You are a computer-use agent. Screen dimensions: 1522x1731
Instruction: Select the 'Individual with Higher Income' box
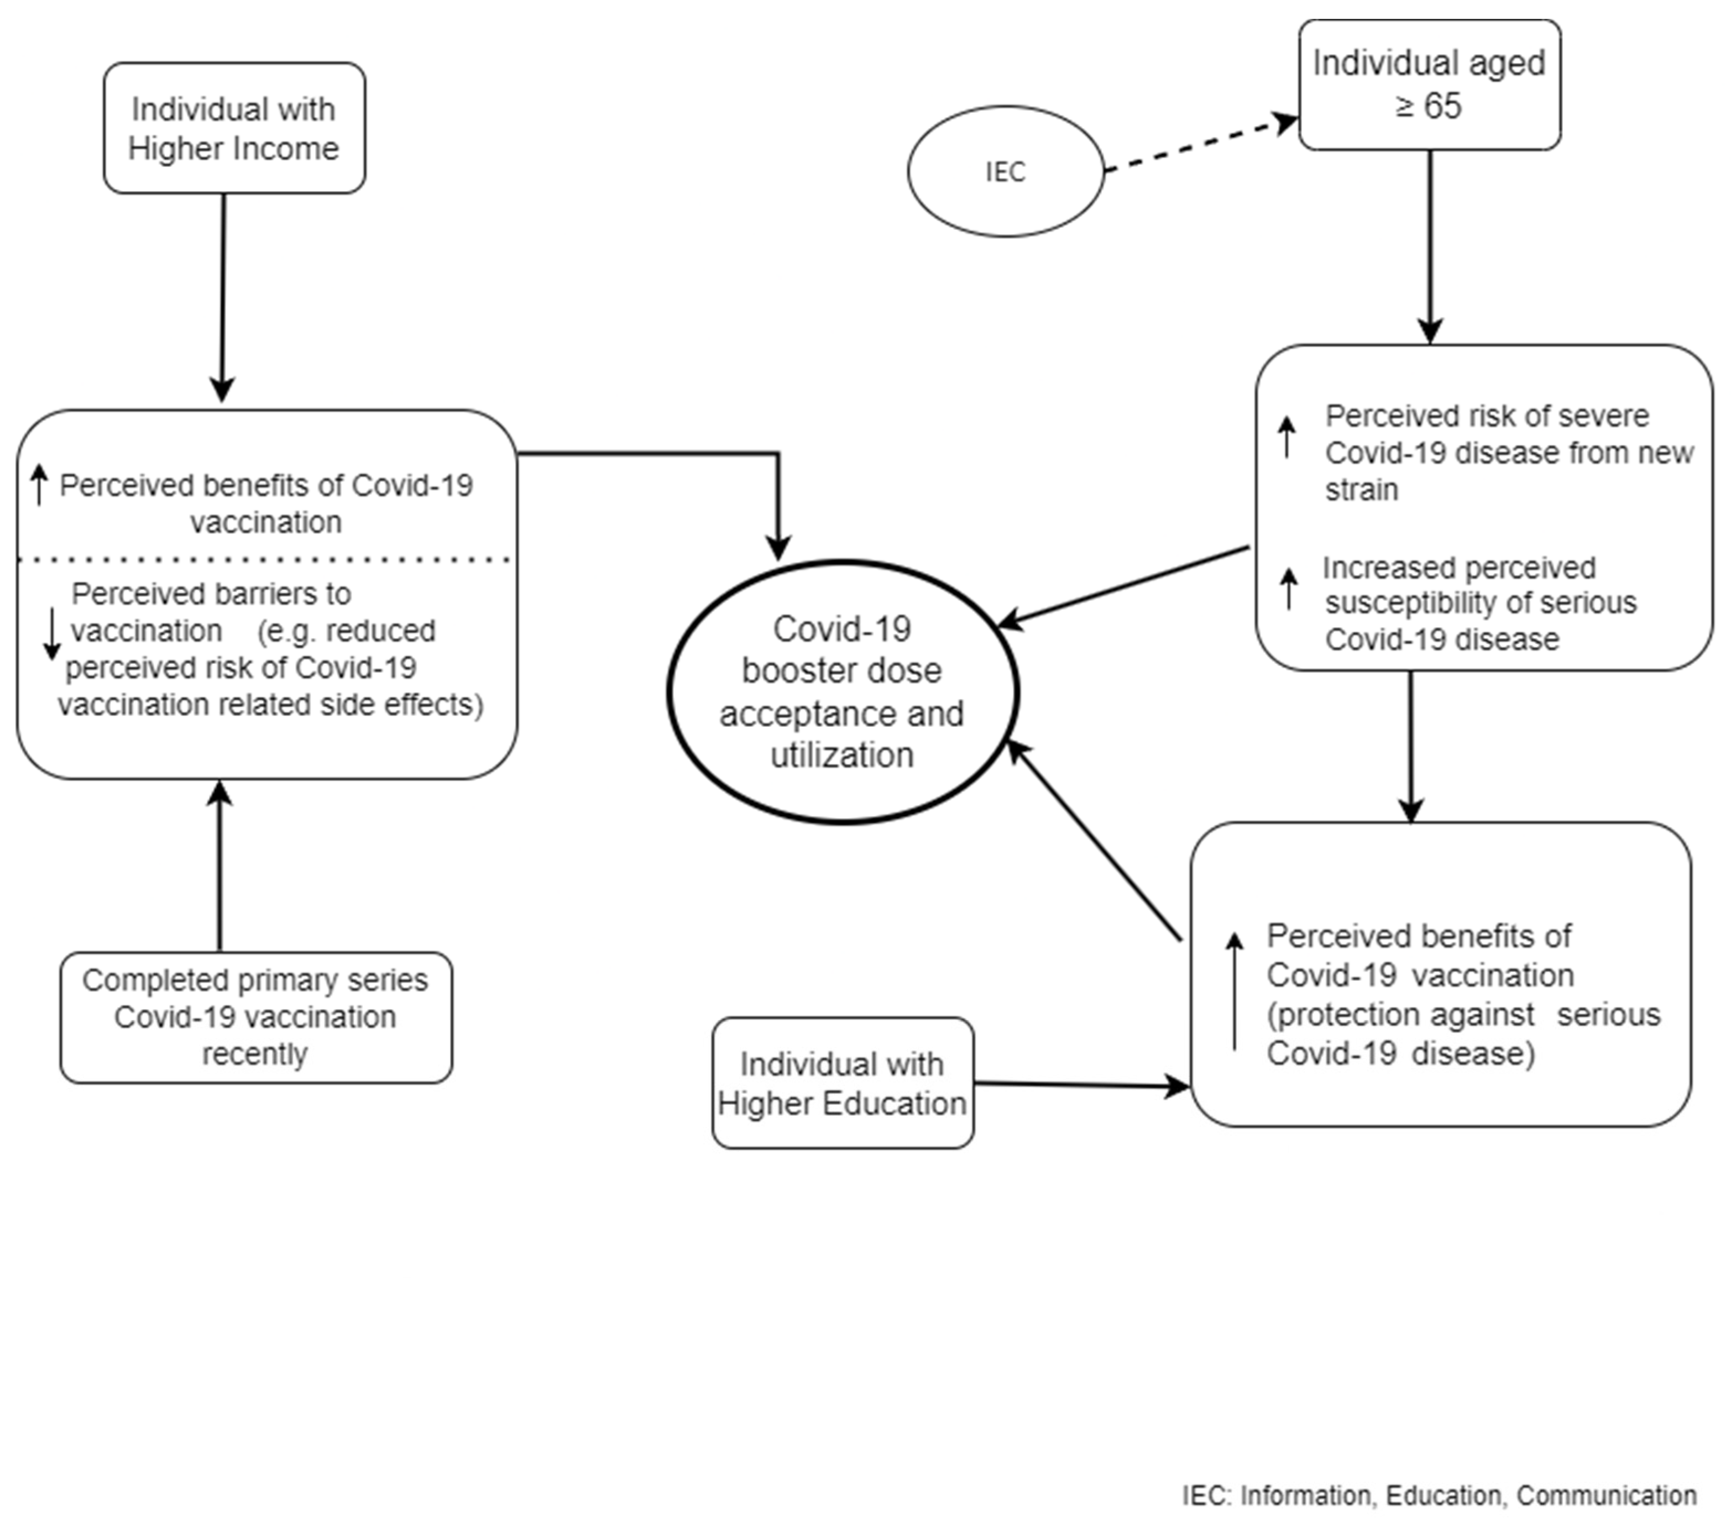point(234,129)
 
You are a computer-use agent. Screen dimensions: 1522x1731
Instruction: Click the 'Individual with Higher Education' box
point(842,1084)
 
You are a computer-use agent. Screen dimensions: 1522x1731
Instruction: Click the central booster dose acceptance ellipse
point(842,691)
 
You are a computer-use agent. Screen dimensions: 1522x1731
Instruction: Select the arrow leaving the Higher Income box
point(223,296)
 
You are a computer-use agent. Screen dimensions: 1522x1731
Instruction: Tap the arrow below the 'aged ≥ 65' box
point(1430,245)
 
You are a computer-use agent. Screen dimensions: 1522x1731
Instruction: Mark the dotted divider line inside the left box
point(264,559)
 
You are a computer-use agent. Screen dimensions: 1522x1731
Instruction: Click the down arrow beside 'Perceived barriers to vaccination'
point(51,633)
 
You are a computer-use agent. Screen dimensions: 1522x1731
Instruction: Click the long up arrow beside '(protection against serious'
point(1235,990)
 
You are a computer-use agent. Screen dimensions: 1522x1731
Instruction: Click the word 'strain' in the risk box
point(1361,489)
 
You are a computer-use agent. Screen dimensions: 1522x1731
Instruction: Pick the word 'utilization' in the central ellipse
point(842,755)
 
